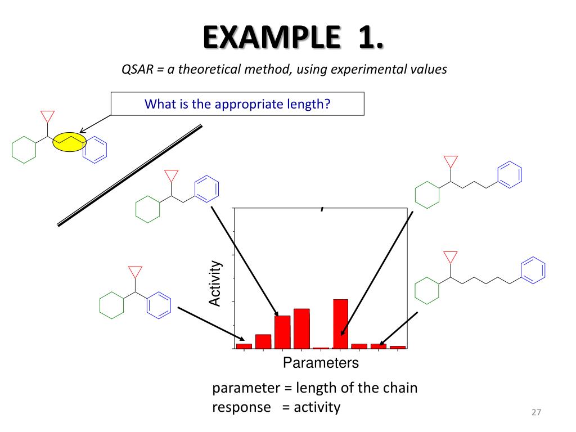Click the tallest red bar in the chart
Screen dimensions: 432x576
[340, 324]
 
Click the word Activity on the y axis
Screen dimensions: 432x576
[215, 283]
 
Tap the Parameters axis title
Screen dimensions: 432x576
[321, 363]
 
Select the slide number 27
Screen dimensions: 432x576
[535, 413]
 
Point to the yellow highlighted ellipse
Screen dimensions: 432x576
[69, 142]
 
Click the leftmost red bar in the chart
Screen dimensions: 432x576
[244, 346]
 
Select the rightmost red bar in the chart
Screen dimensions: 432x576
[398, 347]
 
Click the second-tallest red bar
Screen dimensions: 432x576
[301, 328]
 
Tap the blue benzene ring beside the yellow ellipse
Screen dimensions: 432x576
[94, 149]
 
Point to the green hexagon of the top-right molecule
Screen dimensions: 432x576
[426, 194]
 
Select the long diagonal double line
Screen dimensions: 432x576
[130, 175]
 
